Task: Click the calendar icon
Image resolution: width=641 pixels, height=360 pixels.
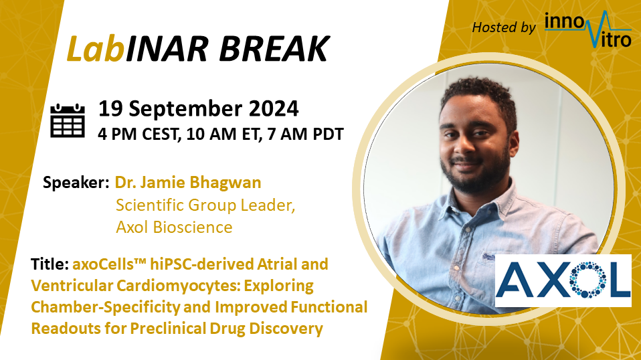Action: tap(68, 120)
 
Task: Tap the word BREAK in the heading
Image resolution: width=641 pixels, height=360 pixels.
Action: tap(274, 49)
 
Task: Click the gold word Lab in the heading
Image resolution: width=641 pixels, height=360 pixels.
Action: tap(96, 49)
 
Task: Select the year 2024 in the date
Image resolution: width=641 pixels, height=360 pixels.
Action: tap(274, 108)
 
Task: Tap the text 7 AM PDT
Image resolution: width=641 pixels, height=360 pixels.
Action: tap(305, 134)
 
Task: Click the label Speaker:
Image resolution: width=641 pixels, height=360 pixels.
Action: tap(76, 183)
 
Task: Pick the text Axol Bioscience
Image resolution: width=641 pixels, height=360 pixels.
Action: tap(174, 228)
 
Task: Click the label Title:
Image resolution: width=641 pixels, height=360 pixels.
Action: tap(50, 264)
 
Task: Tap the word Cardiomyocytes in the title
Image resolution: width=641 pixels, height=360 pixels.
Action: tap(178, 286)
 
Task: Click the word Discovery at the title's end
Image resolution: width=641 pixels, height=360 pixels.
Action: tap(286, 329)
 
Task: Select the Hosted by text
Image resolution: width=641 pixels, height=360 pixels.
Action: tap(504, 27)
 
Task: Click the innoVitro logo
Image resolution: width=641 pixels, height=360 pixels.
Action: tap(588, 29)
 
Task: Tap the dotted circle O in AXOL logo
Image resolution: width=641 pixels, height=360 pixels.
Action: tap(588, 280)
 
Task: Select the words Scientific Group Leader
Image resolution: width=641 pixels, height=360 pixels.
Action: tap(205, 205)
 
